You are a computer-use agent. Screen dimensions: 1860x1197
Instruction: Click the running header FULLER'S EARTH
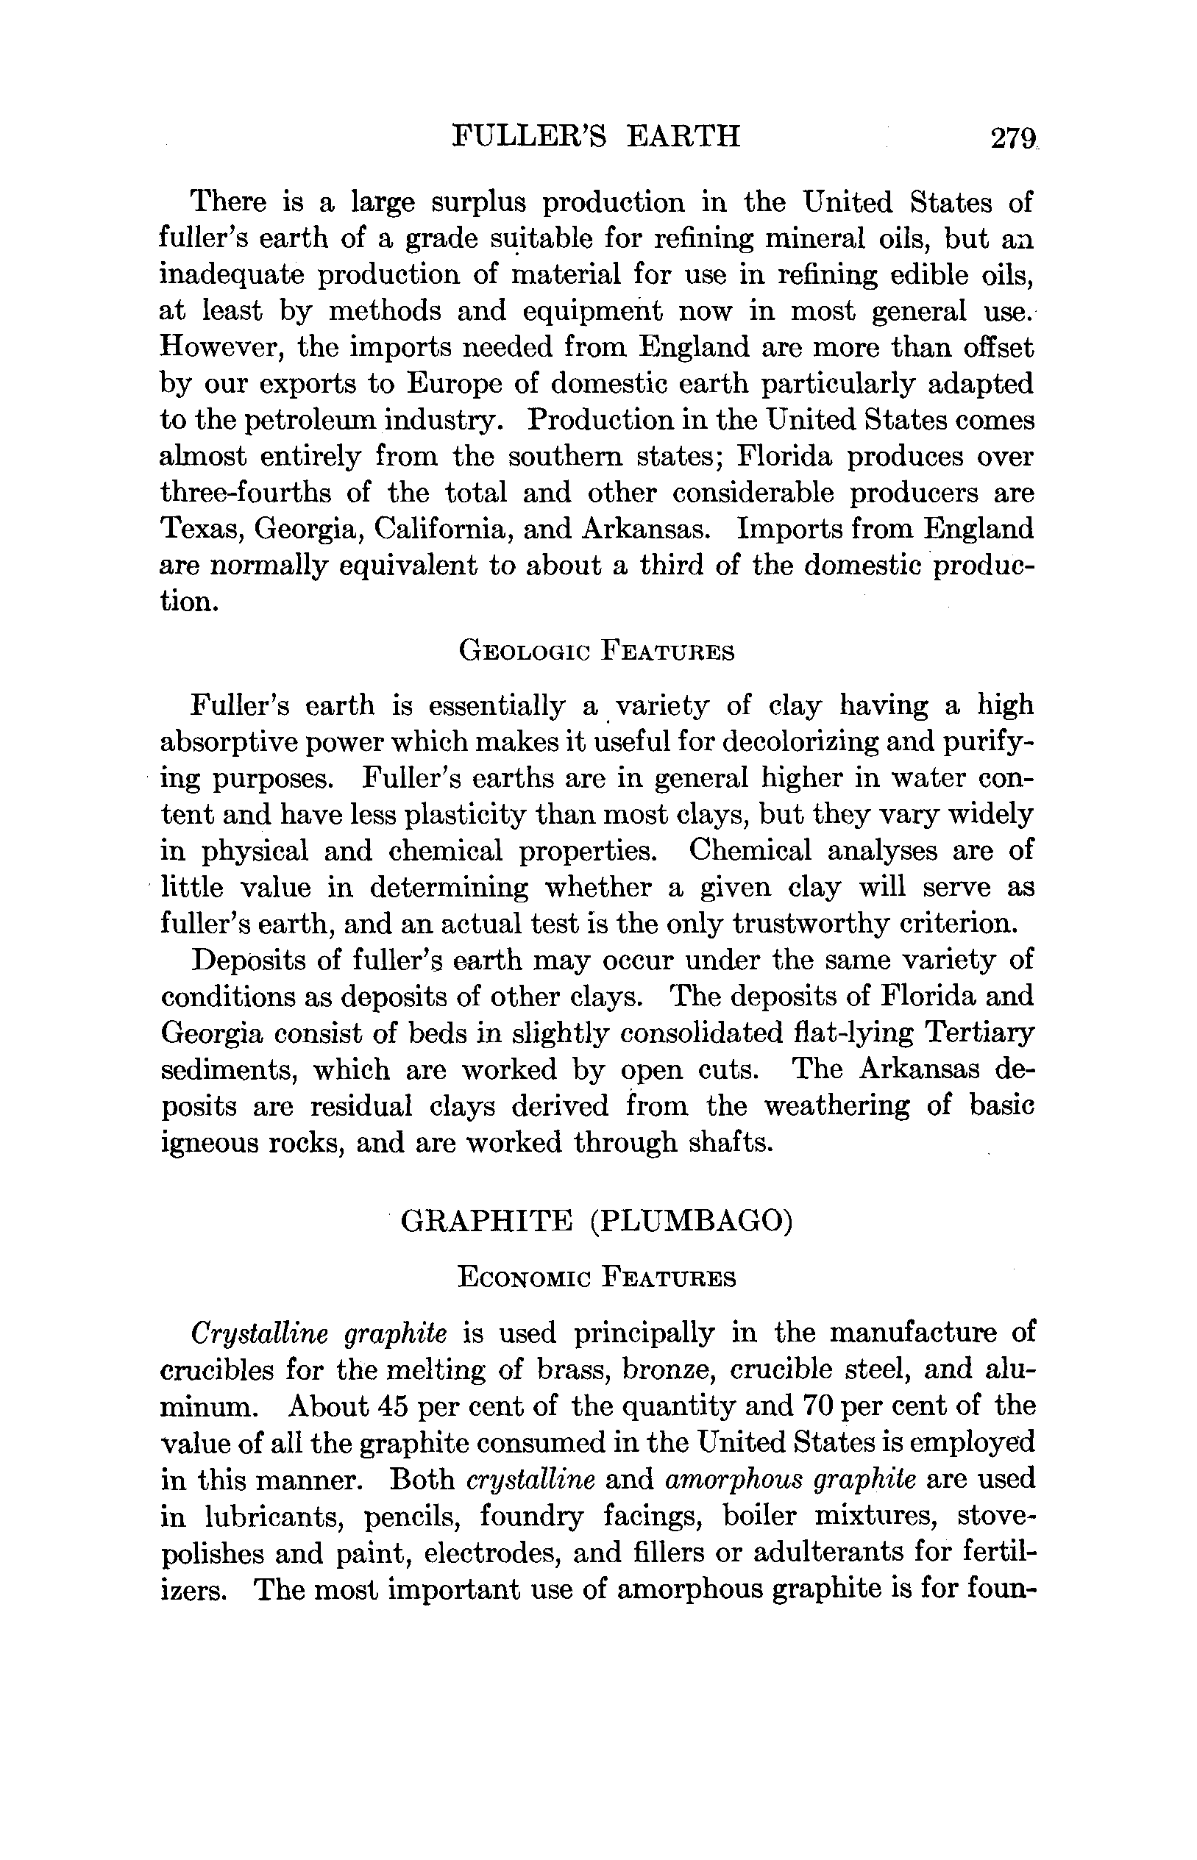pos(596,136)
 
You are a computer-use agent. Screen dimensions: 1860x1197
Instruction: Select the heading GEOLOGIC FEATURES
pos(596,650)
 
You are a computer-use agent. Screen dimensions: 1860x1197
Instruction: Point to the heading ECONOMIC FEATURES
pos(596,1278)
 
